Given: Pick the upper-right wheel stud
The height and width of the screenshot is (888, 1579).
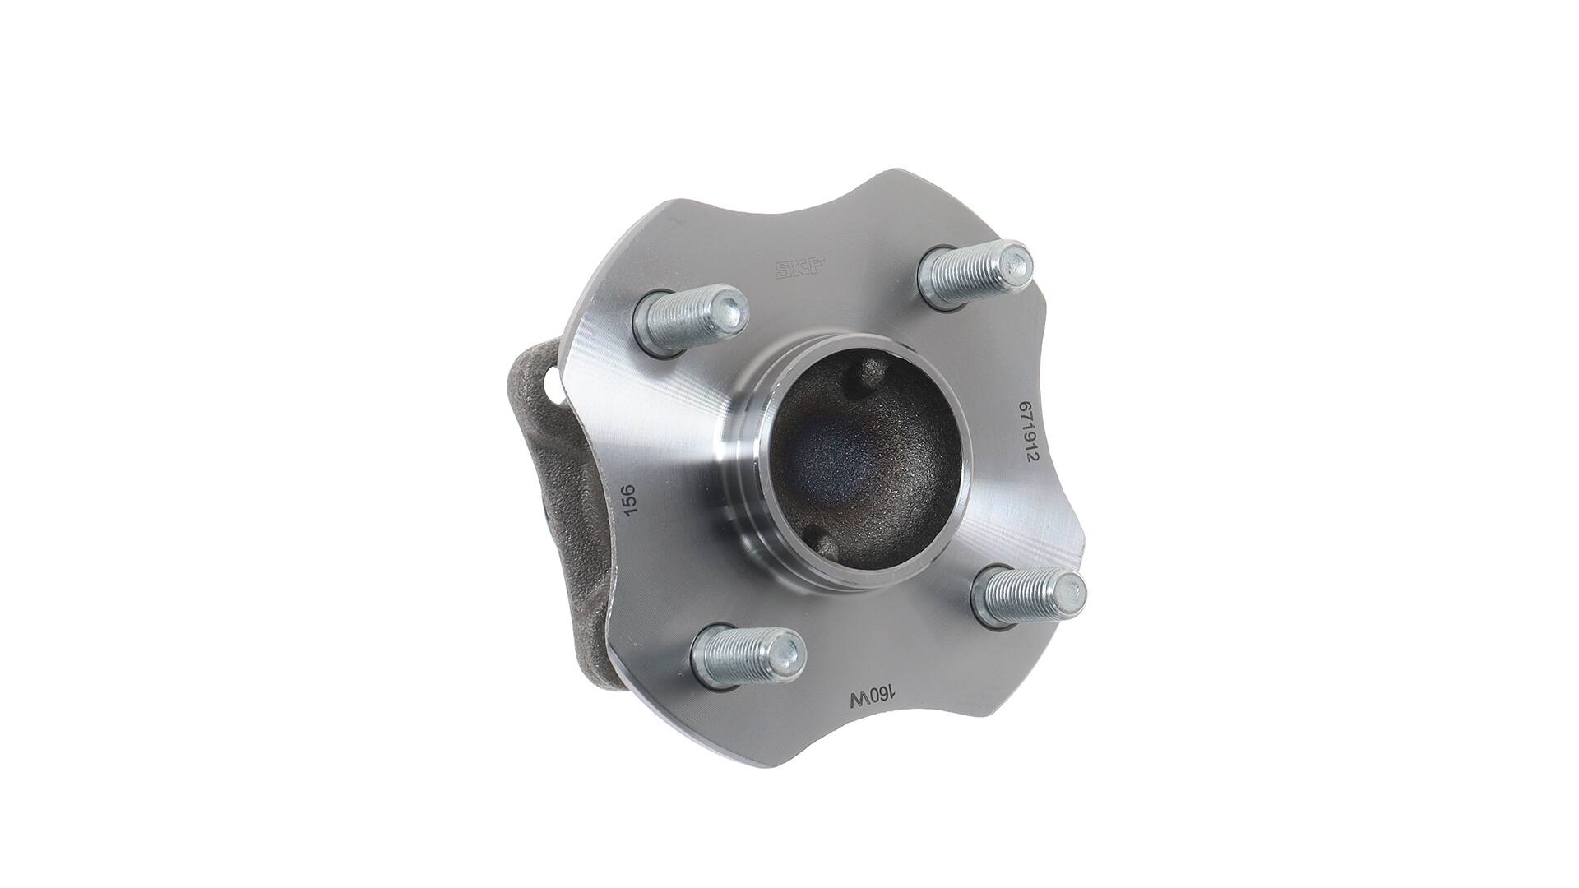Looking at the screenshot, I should coord(975,275).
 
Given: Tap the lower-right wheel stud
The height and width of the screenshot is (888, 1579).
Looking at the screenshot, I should coord(1028,594).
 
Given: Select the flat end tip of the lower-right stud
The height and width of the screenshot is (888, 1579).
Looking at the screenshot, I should coord(1071,587).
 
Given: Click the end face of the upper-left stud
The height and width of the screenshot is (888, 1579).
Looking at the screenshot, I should coord(730,308).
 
